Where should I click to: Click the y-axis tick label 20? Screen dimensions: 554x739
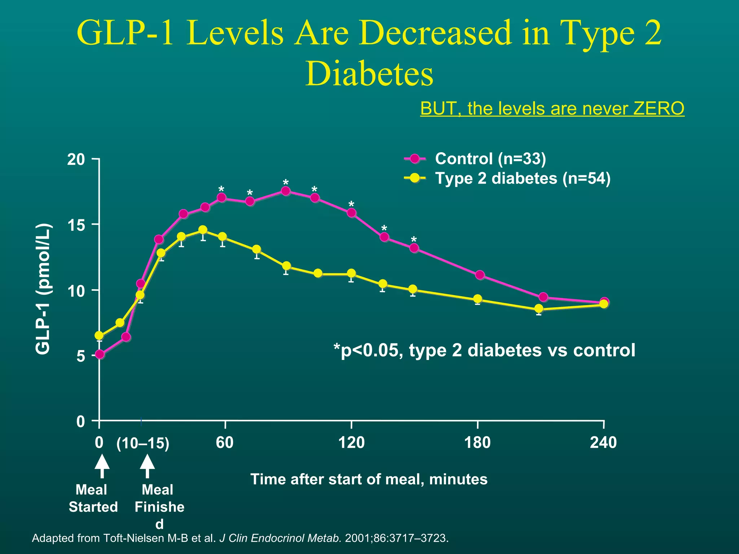point(76,160)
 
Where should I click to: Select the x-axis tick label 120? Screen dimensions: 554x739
point(351,443)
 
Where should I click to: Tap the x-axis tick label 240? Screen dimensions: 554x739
point(603,443)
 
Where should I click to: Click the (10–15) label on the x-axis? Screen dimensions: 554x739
point(143,444)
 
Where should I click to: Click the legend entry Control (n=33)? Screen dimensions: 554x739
point(490,159)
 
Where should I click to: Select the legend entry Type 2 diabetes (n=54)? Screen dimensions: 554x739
point(522,179)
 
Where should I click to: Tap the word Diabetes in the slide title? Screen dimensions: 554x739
point(369,74)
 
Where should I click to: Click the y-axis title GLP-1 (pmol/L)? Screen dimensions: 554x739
point(44,289)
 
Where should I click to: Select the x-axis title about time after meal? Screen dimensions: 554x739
point(369,479)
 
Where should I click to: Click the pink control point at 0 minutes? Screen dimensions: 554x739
point(100,355)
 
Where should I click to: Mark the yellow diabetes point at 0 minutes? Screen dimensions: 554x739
point(99,336)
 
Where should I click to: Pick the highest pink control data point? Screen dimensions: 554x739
point(285,191)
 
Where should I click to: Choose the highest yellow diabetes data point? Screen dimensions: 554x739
point(203,230)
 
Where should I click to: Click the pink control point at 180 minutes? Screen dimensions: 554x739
point(480,275)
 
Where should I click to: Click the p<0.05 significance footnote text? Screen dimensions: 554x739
point(484,350)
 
